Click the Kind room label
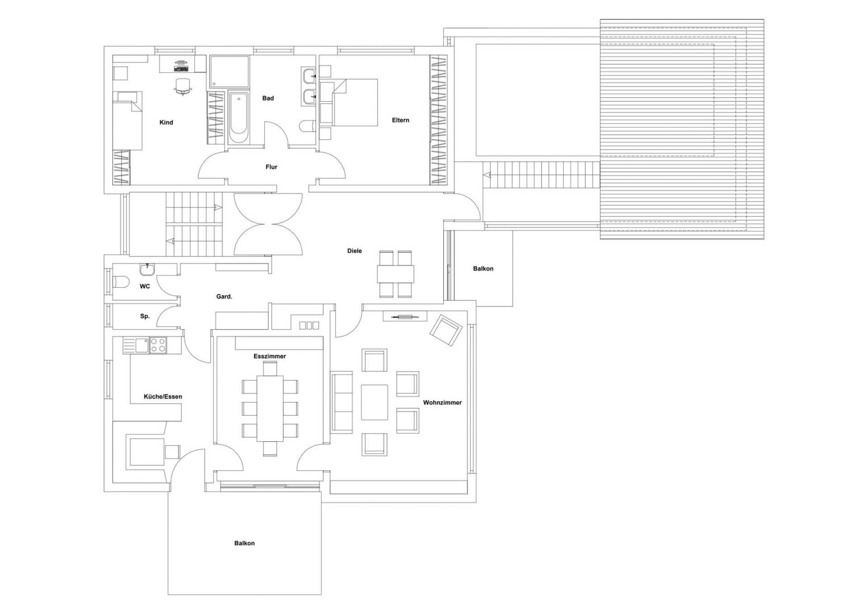coord(166,122)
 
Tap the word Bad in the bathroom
coord(268,98)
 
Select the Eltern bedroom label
coord(400,120)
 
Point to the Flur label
coord(271,167)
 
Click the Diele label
coord(354,251)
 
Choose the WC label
coord(145,287)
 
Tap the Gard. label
coord(224,297)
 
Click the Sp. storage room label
coord(144,316)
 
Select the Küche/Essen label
coord(163,397)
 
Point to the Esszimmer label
coord(269,356)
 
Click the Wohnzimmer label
coord(442,403)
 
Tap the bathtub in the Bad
coord(239,118)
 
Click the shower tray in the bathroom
coord(230,71)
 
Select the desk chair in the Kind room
coord(183,86)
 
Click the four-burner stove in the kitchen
coord(158,346)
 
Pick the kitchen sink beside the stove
coord(136,346)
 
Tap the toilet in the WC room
coord(121,282)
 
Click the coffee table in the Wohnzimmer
coord(375,402)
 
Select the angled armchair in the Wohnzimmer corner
coord(446,331)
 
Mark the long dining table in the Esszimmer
coord(269,408)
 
